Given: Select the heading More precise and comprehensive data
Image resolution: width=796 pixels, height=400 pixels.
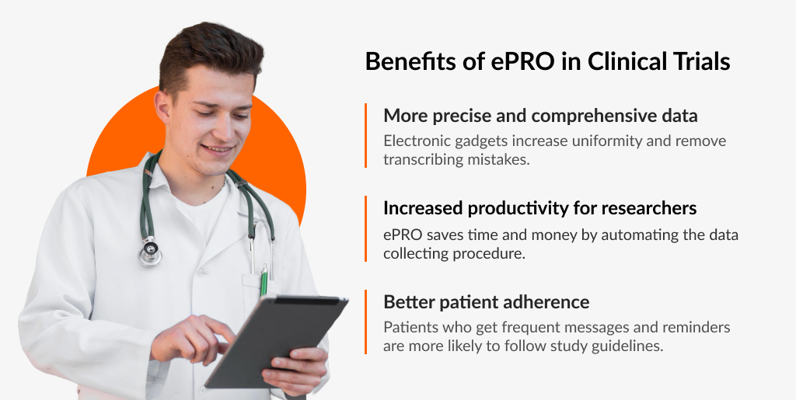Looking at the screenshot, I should [x=540, y=116].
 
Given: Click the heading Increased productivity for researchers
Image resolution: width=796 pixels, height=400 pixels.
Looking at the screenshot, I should [x=539, y=208].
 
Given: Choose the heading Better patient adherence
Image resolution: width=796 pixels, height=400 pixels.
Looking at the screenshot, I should [x=486, y=301].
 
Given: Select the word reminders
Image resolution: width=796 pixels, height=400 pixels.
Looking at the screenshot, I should [x=695, y=327].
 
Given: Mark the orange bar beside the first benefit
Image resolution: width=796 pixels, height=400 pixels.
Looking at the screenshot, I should [x=365, y=135].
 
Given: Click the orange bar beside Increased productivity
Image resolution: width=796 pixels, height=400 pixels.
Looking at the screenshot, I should [x=365, y=228].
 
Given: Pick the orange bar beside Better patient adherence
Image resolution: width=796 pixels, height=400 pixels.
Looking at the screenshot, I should [x=365, y=322].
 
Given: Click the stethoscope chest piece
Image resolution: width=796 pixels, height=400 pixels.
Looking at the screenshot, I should [x=149, y=251].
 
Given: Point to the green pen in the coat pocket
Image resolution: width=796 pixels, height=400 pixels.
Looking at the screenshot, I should [x=264, y=279].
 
